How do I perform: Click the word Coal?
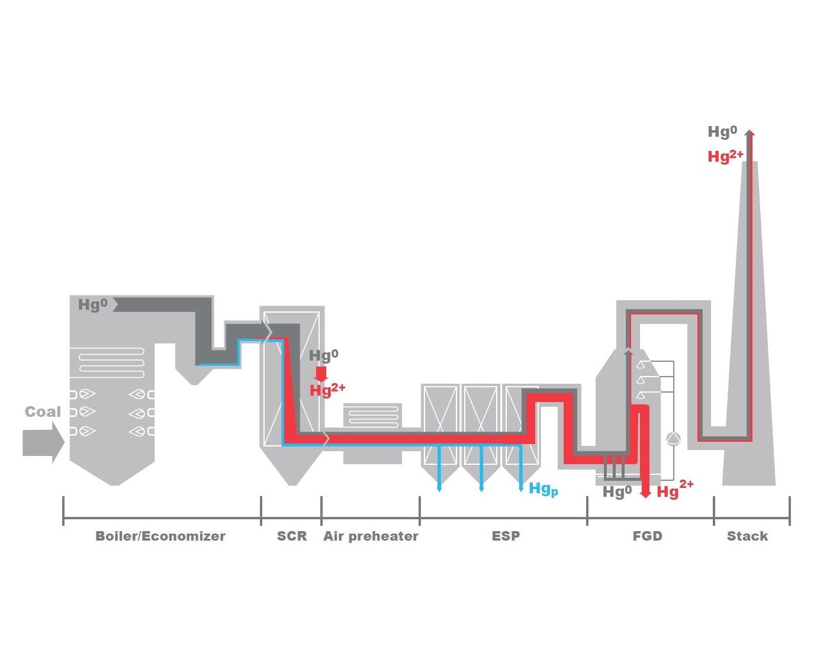tap(43, 412)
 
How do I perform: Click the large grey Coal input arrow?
tap(43, 442)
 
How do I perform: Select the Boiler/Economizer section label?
tap(160, 536)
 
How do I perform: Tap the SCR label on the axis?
tap(292, 536)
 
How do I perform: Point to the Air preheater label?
tap(371, 536)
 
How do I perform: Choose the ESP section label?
tap(506, 536)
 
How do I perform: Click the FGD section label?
tap(648, 536)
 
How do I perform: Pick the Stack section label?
tap(747, 536)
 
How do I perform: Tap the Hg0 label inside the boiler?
tap(92, 305)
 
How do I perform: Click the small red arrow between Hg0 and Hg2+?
tap(321, 374)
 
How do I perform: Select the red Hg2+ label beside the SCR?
tap(327, 390)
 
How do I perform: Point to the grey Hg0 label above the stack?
tap(722, 131)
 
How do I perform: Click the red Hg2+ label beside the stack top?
tap(725, 156)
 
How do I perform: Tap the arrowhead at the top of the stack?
tap(750, 133)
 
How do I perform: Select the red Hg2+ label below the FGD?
tap(675, 490)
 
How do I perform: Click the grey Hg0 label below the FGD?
tap(617, 491)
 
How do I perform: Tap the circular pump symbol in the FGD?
tap(673, 439)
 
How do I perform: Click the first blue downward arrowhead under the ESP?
tap(439, 489)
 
